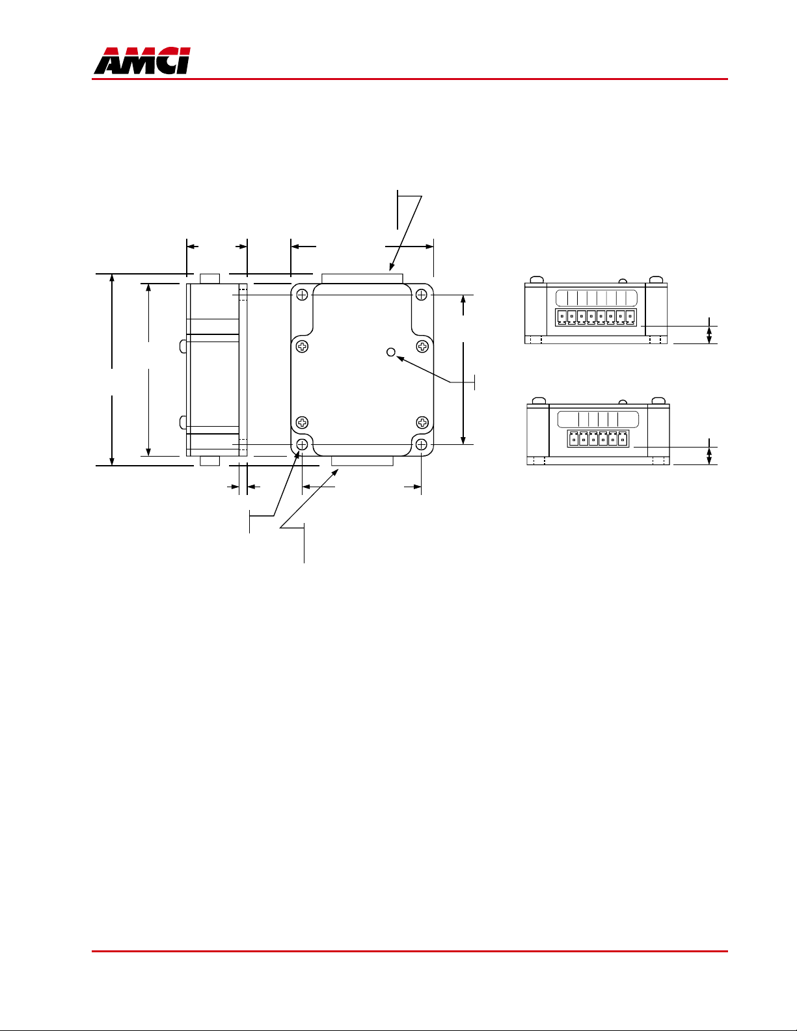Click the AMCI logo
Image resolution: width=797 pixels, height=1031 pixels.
tap(142, 60)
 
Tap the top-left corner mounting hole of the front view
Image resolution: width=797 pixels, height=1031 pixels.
tap(302, 295)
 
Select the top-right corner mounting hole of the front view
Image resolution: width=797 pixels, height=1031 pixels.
tap(422, 295)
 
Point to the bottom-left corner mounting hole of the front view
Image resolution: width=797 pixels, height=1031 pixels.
tap(302, 445)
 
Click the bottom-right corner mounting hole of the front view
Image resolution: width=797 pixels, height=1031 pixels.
tap(422, 445)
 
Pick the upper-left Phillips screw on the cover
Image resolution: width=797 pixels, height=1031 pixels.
tap(302, 347)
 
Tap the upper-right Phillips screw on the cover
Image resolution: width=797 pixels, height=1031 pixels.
tap(422, 347)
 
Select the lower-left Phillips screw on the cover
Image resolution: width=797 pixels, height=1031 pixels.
tap(302, 422)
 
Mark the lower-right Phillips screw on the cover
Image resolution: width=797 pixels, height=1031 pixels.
tap(422, 422)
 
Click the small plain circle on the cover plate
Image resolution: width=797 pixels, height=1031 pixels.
tap(391, 352)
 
